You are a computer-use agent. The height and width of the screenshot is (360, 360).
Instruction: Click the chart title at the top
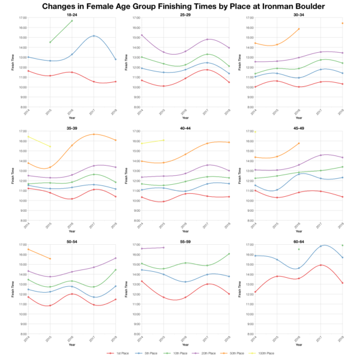point(180,7)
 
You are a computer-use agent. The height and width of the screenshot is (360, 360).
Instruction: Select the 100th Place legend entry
point(259,354)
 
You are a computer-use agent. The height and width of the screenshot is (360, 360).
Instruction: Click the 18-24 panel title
point(71,14)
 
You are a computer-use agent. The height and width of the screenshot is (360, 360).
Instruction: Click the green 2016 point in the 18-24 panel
point(72,21)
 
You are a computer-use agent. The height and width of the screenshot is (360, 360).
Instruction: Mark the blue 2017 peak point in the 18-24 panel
point(94,36)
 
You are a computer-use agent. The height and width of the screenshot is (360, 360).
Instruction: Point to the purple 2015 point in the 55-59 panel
point(163,247)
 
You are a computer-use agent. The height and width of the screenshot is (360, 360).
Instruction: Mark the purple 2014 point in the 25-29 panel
point(142,35)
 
